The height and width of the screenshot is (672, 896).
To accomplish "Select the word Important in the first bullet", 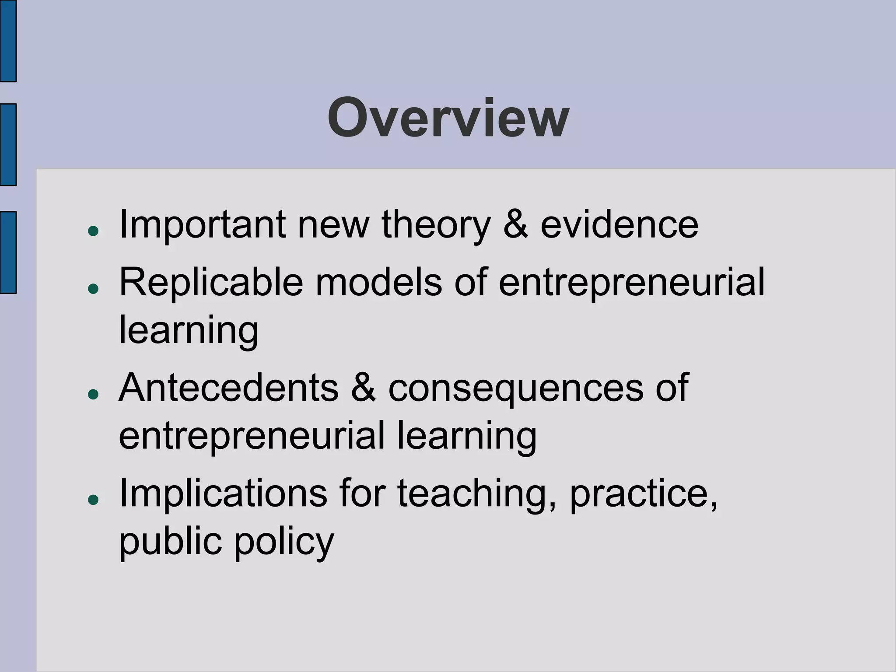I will click(202, 225).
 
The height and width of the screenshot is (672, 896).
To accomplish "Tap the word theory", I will click(436, 225).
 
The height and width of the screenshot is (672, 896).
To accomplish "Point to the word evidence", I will click(619, 225).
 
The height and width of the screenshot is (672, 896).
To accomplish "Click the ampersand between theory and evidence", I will click(515, 225).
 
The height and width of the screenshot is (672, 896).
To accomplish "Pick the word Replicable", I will click(211, 283).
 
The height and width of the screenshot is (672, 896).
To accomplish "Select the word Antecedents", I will click(228, 388).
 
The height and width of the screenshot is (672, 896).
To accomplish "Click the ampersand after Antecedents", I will click(363, 388).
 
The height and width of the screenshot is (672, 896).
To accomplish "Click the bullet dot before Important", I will click(93, 231).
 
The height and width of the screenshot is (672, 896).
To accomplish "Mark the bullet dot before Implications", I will click(93, 500).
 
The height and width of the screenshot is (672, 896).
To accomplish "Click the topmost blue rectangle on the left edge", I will click(8, 41).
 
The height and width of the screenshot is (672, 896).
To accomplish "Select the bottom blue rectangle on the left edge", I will click(8, 252).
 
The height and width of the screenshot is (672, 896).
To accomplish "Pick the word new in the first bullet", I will click(333, 225).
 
